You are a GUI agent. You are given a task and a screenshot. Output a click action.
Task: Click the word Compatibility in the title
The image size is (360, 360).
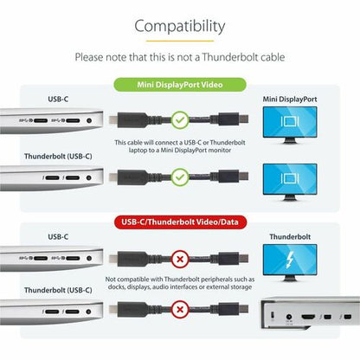180,27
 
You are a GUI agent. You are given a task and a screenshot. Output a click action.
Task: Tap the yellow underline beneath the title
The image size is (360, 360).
180,41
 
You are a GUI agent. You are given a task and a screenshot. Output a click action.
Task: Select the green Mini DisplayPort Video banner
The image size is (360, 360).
180,85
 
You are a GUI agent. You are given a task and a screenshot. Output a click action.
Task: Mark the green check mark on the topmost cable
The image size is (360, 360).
179,120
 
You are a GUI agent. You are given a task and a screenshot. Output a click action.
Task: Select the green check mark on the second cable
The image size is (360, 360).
179,177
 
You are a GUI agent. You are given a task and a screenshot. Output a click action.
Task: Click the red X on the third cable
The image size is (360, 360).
179,258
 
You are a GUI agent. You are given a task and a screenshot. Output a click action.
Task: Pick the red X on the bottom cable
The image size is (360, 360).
179,307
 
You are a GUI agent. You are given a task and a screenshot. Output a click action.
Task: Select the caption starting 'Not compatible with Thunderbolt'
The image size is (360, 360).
180,283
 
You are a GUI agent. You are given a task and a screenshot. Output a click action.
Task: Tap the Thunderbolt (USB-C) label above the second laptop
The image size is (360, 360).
59,157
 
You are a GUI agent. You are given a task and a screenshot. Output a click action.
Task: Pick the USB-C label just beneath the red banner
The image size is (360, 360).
58,235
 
